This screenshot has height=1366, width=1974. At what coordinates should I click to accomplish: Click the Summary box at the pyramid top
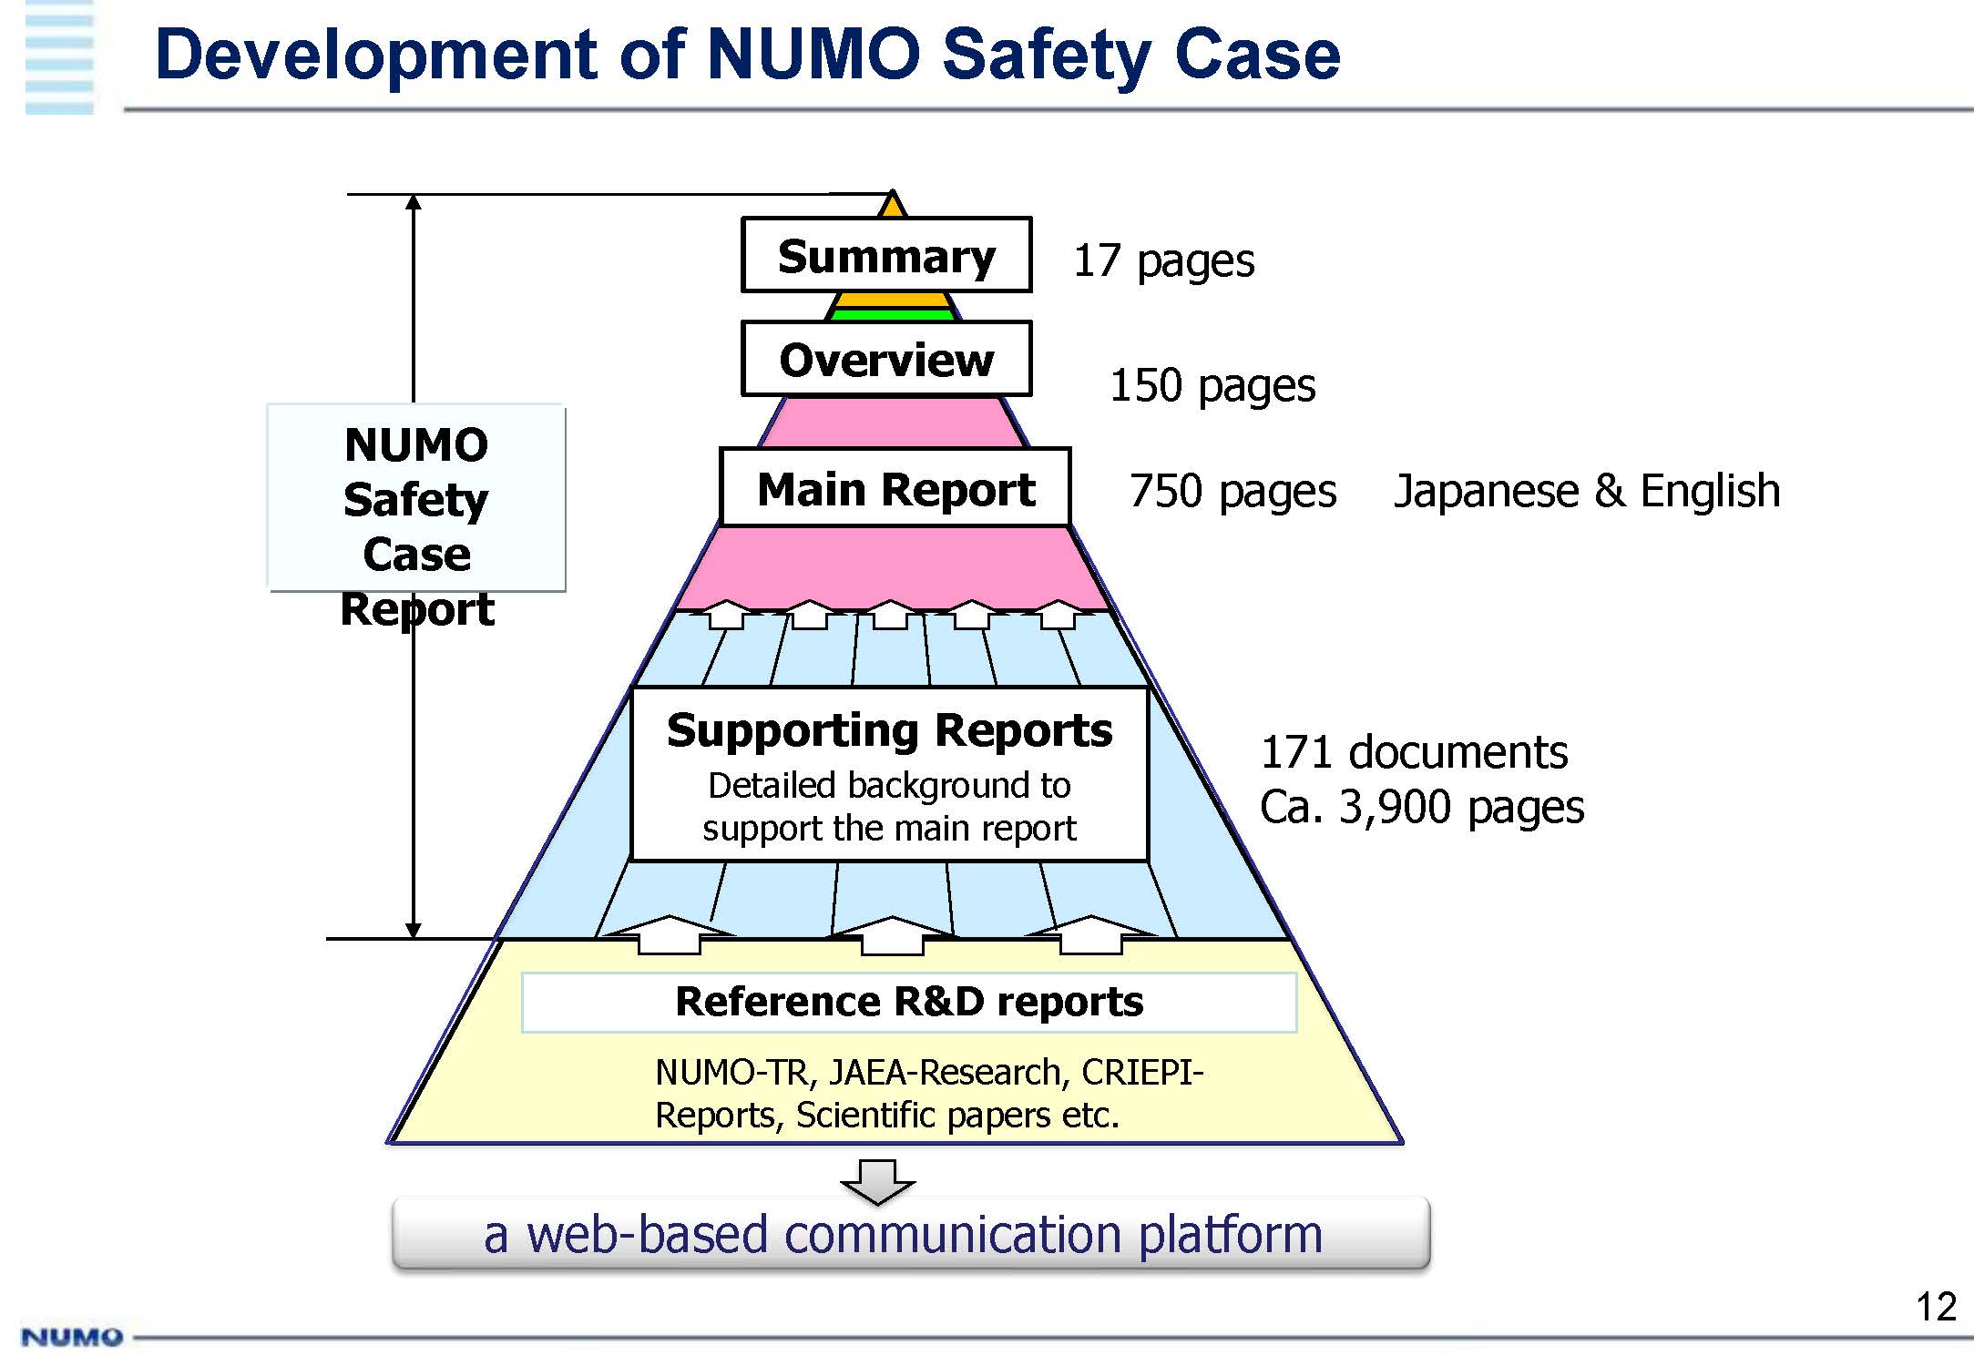coord(886,256)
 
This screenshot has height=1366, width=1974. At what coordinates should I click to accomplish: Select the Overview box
coord(886,359)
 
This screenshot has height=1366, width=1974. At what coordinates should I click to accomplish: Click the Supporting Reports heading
coord(889,730)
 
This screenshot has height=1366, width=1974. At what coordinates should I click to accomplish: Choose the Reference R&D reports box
coord(908,1002)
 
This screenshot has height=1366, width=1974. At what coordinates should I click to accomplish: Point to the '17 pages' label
coord(1163,260)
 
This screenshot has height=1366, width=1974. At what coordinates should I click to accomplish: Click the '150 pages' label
coord(1212,385)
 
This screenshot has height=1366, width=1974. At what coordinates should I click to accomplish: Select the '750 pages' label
coord(1232,491)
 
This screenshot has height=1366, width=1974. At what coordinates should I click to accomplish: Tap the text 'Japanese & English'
coord(1587,491)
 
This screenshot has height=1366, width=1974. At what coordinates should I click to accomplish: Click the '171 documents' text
coord(1414,752)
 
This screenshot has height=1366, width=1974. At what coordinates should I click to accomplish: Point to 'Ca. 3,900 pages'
coord(1422,807)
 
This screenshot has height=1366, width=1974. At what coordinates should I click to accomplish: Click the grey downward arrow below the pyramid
coord(877,1181)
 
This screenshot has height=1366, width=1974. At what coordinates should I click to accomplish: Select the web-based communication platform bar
coord(910,1234)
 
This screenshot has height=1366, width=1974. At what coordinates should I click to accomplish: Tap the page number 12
coord(1936,1307)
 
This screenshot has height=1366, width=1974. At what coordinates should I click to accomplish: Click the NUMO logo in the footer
coord(71,1337)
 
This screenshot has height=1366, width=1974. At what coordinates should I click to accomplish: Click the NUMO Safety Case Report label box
coord(416,498)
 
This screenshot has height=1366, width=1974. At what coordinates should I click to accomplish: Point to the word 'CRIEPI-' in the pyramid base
coord(1142,1073)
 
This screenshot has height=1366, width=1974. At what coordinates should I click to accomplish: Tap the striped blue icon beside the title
coord(59,59)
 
